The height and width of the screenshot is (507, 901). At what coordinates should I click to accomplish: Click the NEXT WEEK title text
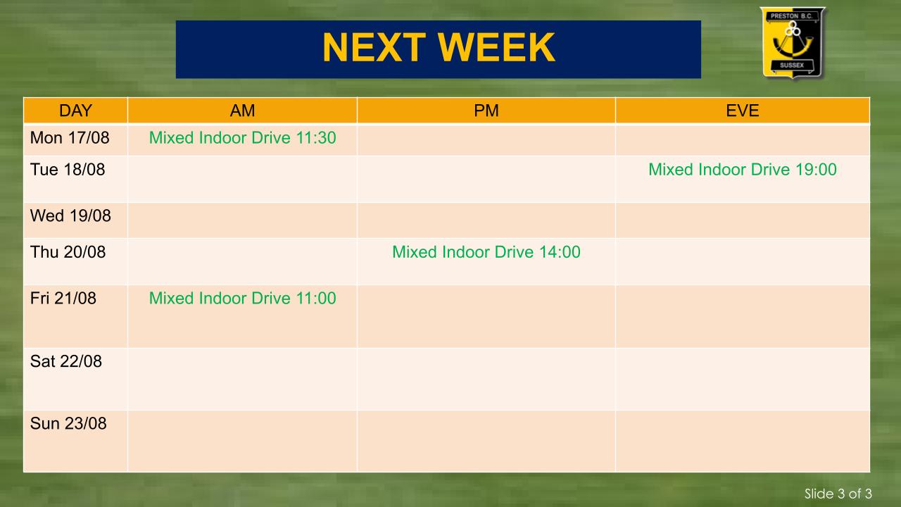click(439, 47)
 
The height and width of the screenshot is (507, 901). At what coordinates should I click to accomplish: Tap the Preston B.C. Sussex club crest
click(792, 42)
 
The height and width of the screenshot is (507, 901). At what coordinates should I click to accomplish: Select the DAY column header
click(75, 111)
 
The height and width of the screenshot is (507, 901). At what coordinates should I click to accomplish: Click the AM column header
click(242, 111)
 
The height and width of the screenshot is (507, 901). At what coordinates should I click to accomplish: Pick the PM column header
click(486, 111)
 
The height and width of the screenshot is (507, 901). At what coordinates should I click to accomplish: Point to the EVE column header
click(743, 111)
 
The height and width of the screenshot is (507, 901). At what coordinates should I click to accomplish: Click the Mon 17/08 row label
click(70, 138)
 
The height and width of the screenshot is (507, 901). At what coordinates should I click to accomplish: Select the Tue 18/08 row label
click(68, 170)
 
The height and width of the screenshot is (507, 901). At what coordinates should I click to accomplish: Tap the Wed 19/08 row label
click(70, 215)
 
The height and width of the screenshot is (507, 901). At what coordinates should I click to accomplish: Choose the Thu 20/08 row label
click(68, 252)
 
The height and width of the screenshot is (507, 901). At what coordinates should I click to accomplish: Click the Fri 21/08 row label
click(63, 299)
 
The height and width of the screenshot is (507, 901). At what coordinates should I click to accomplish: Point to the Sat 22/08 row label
click(66, 361)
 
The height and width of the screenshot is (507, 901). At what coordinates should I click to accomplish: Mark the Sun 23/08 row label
click(68, 424)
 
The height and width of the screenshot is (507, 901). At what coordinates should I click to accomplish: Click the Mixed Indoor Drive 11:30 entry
click(243, 138)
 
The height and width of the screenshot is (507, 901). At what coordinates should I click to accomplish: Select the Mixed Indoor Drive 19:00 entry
click(743, 170)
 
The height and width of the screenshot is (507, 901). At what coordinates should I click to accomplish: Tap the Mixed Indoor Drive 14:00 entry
click(486, 252)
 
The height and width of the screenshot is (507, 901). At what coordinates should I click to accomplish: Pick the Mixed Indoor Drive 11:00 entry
click(243, 299)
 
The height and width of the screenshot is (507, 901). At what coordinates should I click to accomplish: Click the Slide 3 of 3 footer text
click(838, 494)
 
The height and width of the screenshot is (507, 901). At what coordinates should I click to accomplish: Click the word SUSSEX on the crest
click(792, 65)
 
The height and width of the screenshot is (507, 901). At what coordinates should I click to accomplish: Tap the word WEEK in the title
click(496, 47)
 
